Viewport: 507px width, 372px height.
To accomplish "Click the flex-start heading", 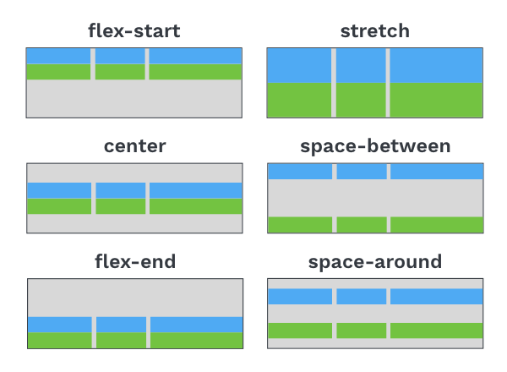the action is pos(134,30).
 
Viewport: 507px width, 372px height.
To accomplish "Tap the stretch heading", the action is pos(374,30).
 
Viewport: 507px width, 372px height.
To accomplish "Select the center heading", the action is pos(134,146).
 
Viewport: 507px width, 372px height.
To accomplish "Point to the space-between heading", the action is pos(375,146).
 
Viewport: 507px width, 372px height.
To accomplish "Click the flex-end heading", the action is pos(135,261).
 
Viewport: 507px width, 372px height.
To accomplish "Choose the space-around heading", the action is pos(374,262).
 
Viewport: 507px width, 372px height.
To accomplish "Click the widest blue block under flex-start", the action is pos(195,56).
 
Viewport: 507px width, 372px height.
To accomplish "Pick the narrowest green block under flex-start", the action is pos(120,72).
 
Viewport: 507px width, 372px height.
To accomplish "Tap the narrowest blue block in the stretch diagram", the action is pos(361,65).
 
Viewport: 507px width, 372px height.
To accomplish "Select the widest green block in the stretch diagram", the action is pos(436,100).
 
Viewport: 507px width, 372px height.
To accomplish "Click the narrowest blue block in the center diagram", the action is pos(121,190).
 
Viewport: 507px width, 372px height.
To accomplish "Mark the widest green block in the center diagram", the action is pos(196,206).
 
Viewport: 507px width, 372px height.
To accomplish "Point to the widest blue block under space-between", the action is pos(437,172).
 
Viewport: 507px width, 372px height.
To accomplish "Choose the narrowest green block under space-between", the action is pos(362,225).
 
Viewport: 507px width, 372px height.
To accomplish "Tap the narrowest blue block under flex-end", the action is pos(121,325).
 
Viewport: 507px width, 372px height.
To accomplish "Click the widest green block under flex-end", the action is pos(197,341).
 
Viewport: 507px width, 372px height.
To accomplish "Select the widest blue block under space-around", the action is pos(437,296).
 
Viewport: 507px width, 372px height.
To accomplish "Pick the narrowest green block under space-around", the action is pos(362,331).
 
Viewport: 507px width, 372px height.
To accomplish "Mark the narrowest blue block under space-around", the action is pos(362,296).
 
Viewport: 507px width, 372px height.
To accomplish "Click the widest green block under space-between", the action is pos(437,225).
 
